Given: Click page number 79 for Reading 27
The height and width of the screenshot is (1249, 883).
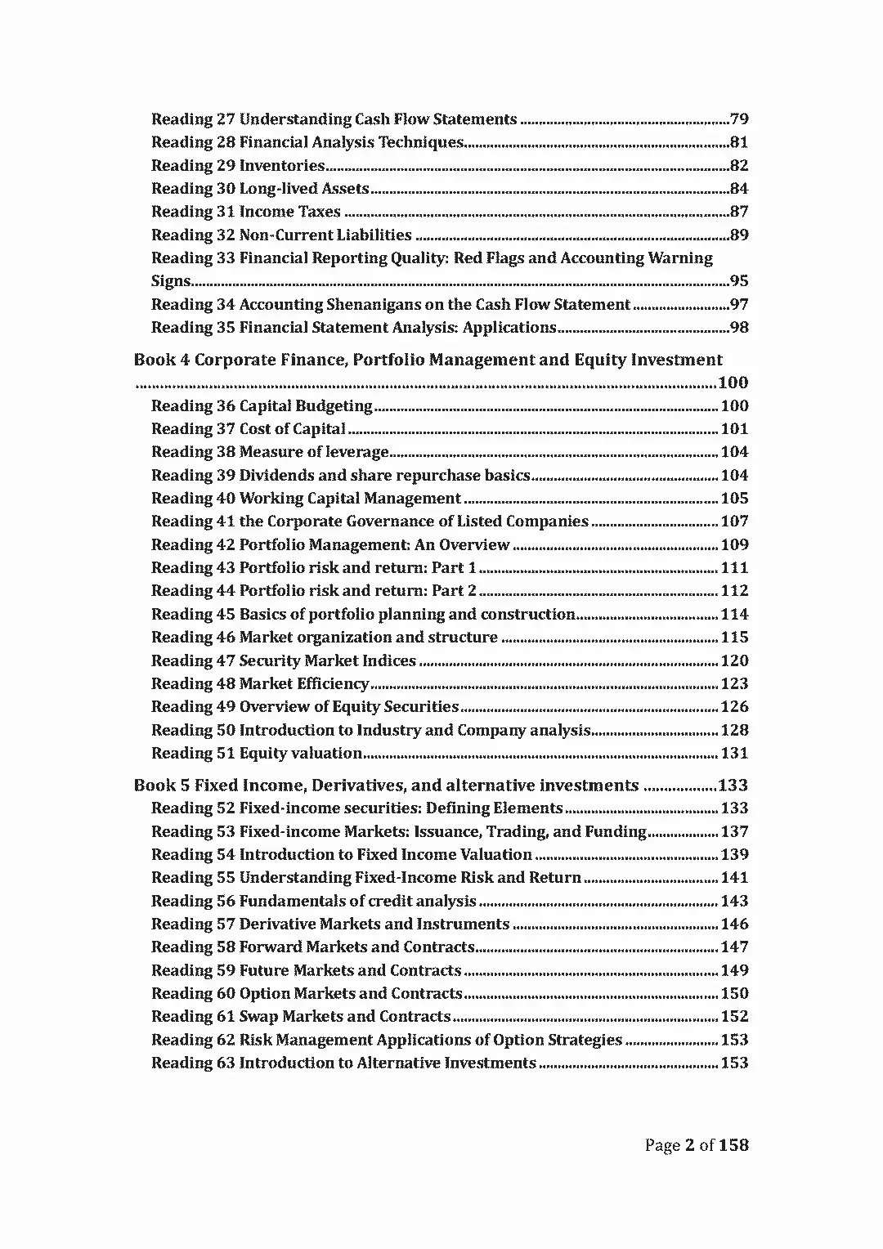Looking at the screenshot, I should click(x=738, y=119).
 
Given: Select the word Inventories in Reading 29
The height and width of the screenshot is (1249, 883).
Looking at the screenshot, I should click(x=281, y=166).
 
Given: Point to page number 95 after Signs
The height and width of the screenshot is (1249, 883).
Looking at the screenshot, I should click(x=738, y=281).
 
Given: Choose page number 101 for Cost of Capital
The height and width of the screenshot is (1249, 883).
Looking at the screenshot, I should click(x=734, y=429).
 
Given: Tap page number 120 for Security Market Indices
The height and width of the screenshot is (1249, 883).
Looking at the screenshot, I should click(x=734, y=660).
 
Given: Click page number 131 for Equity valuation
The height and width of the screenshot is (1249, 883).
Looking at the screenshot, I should click(x=734, y=754).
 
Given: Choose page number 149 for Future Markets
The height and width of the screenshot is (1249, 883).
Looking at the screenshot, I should click(x=734, y=971).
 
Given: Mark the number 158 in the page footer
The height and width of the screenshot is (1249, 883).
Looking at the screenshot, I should click(x=733, y=1145).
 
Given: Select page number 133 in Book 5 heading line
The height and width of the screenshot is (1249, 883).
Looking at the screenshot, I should click(x=733, y=786).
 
